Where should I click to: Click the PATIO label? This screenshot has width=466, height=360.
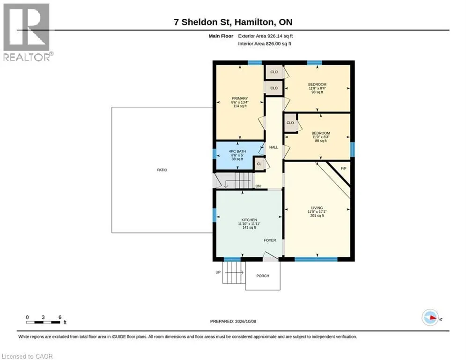[x=162, y=170]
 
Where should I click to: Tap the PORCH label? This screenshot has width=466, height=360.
[x=263, y=276]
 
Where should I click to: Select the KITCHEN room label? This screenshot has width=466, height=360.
[x=249, y=220]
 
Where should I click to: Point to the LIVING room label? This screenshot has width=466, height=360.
[x=317, y=208]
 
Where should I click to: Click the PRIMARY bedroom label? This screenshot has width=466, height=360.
[x=240, y=98]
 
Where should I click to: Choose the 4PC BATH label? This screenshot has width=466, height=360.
[x=237, y=151]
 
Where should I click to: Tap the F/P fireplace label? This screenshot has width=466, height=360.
[x=344, y=168]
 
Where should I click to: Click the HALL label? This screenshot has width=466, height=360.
[x=274, y=147]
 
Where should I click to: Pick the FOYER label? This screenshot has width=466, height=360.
[x=270, y=240]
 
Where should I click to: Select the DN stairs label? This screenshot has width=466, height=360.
[x=258, y=186]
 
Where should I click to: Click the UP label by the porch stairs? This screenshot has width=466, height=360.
[x=218, y=272]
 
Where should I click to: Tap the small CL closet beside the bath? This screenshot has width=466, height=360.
[x=259, y=164]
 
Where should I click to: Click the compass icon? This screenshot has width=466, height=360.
[x=430, y=318]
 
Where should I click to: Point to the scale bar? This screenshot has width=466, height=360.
[x=43, y=322]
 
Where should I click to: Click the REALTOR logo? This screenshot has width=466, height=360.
[x=27, y=32]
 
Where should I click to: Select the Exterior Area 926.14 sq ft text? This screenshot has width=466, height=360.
[x=266, y=36]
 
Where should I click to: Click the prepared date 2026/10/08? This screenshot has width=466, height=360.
[x=245, y=321]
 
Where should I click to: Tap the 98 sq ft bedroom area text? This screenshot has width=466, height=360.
[x=317, y=92]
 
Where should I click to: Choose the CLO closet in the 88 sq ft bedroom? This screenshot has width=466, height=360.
[x=290, y=123]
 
